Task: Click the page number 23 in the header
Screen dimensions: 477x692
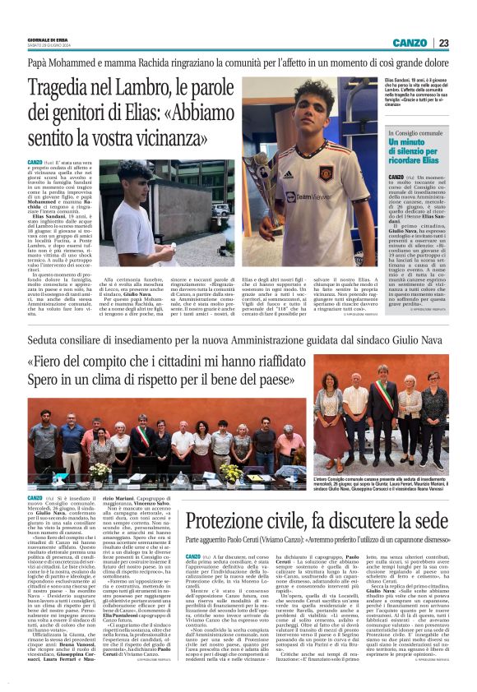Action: (x=443, y=43)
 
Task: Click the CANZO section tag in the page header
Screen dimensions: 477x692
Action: (x=409, y=43)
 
